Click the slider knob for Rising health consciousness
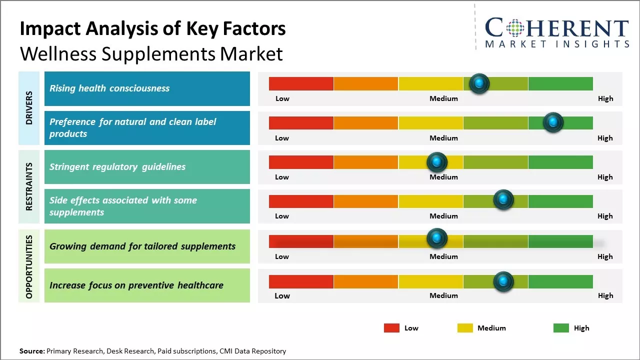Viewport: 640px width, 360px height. pos(479,83)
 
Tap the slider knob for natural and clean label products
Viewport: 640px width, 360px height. pos(553,122)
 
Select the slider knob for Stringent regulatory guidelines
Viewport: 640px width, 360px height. pos(437,162)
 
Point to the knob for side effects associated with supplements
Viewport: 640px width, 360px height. pos(503,200)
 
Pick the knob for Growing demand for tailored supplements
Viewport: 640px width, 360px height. pos(437,238)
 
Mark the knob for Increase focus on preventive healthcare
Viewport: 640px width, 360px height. pos(503,281)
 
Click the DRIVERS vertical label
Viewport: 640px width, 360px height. pos(29,108)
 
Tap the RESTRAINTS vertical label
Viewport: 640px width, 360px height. pos(29,186)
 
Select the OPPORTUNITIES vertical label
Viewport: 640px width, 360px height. pos(29,266)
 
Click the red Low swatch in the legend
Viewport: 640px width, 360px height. pos(391,328)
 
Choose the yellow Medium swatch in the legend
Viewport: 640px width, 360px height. pos(465,328)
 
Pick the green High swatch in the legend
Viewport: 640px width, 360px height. pos(561,328)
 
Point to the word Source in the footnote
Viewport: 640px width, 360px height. pos(31,351)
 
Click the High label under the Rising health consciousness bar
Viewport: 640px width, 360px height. pos(605,98)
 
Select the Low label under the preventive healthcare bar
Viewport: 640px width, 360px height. pos(282,295)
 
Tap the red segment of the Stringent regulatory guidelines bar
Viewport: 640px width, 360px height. pos(301,162)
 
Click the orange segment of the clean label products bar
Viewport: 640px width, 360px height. pos(366,122)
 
